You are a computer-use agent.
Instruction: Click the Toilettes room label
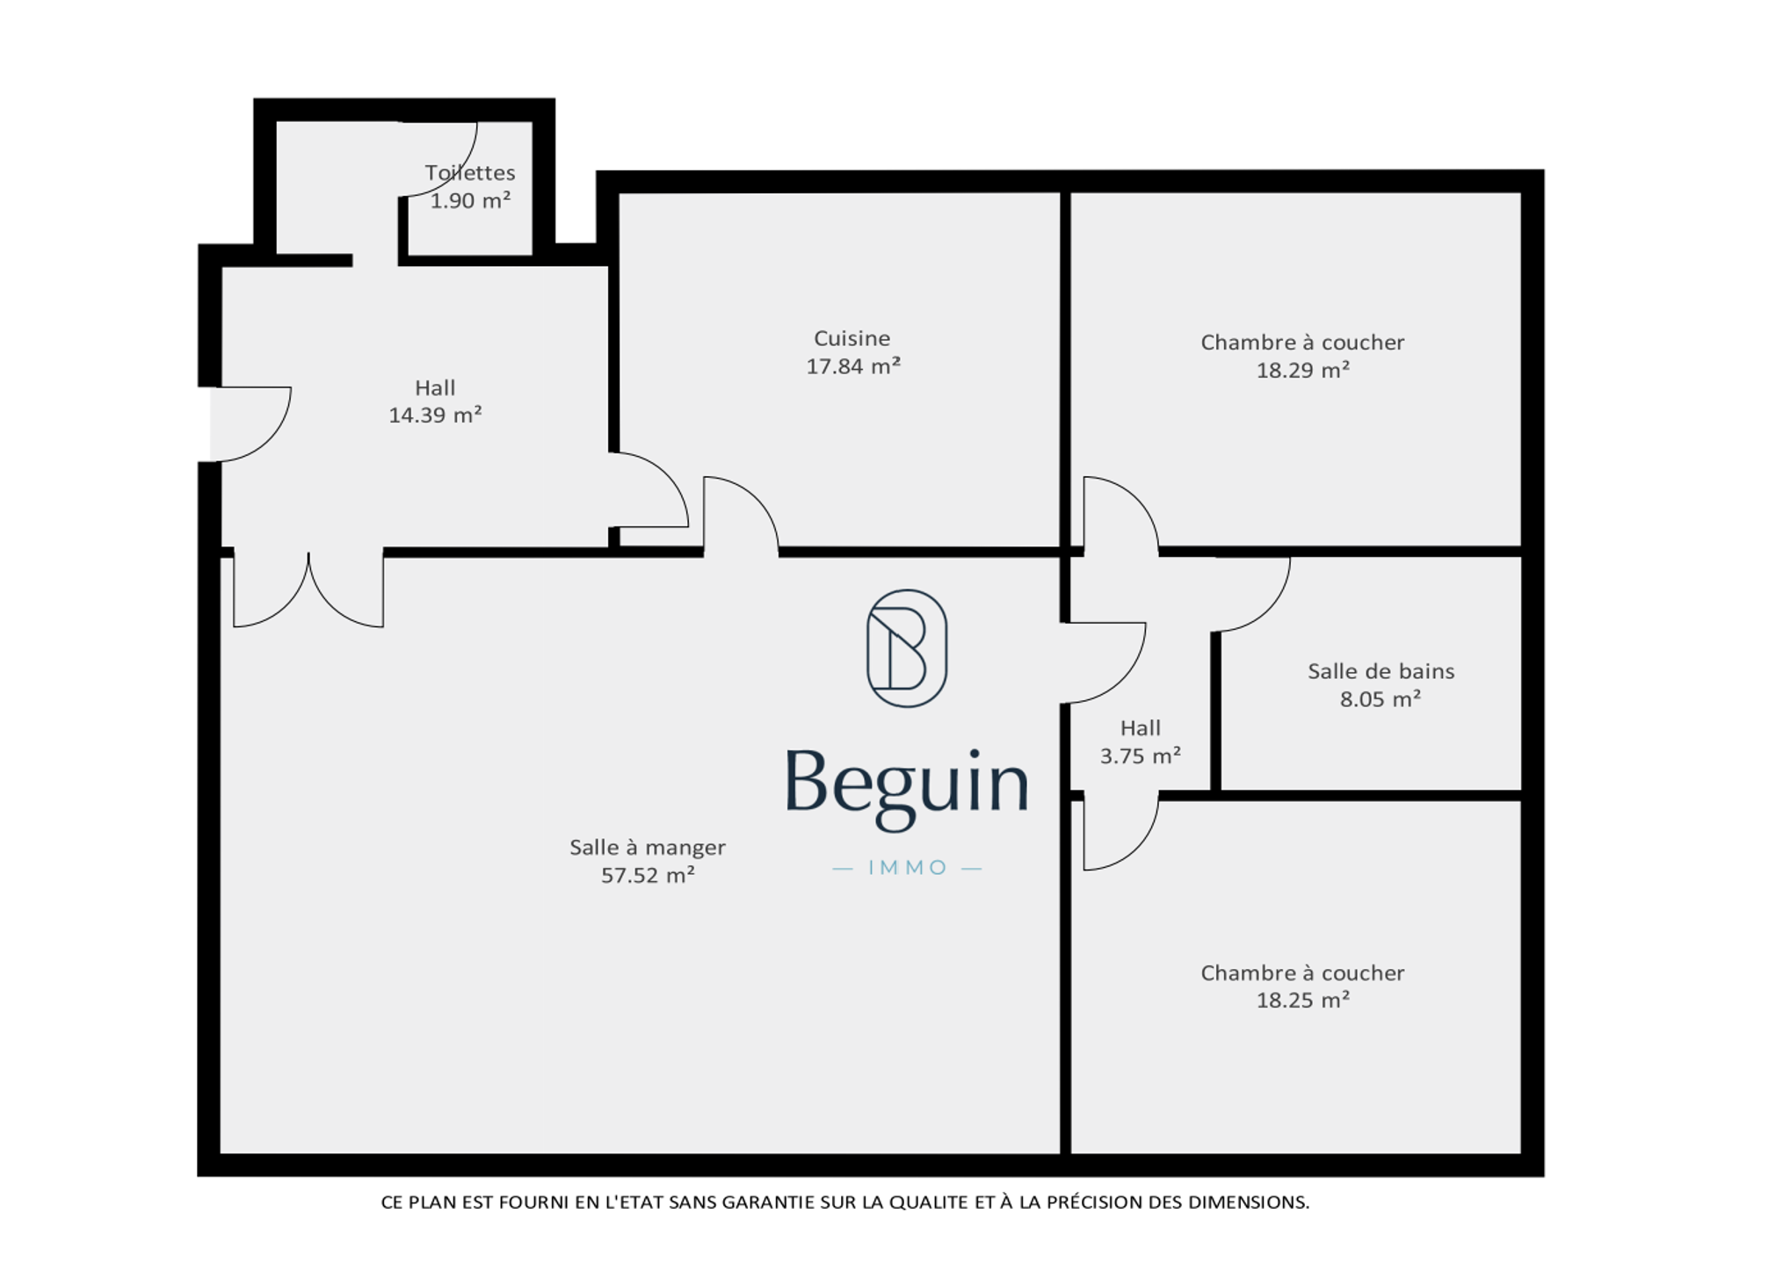470,173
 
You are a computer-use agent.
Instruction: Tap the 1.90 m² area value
470,200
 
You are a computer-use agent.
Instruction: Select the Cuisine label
852,338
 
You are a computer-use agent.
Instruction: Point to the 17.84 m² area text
853,366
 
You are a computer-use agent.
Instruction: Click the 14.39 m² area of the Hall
435,415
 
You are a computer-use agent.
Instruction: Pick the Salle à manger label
648,848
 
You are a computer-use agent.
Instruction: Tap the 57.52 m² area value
648,875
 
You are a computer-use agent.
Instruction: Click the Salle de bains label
1381,671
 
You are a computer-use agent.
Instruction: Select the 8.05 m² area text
1380,699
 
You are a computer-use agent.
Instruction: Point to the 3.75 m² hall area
1140,755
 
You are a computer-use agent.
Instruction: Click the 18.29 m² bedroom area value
1302,370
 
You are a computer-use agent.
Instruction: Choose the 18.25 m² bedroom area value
1302,1000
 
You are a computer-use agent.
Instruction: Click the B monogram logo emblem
907,648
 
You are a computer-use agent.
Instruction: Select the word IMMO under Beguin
908,868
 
